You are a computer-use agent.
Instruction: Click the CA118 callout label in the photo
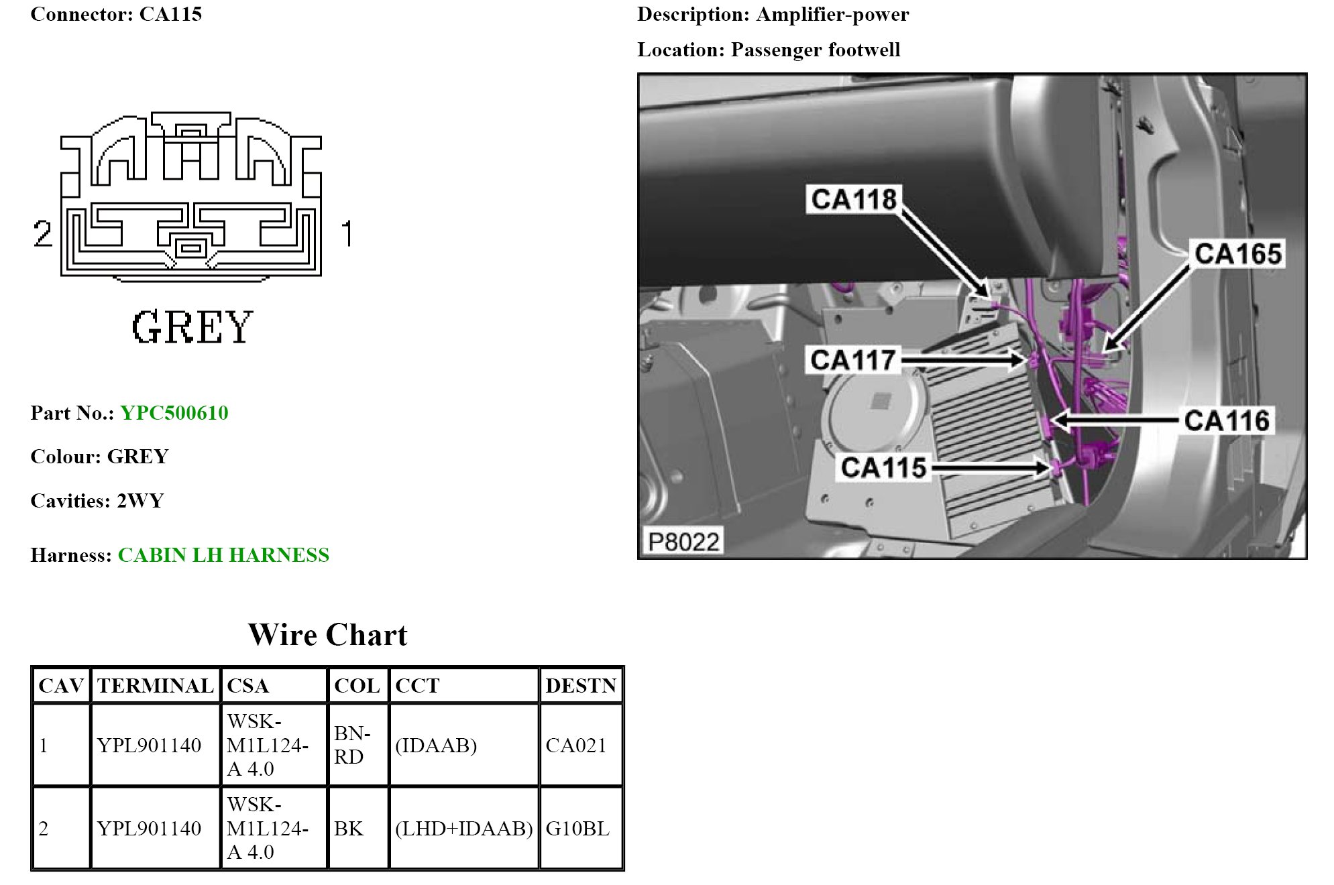(853, 200)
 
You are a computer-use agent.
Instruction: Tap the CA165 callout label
(1237, 254)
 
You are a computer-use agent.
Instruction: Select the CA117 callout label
(852, 361)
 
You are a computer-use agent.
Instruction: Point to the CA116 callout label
(1227, 421)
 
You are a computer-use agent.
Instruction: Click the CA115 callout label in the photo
(883, 468)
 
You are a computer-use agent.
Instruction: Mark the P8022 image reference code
(683, 542)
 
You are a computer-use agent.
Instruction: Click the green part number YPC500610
(174, 413)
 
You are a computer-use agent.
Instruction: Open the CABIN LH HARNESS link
(223, 555)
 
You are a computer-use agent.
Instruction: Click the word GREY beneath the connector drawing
(192, 328)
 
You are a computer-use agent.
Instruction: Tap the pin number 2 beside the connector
(42, 234)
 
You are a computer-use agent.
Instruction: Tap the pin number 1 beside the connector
(347, 234)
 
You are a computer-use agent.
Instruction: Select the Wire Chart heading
(327, 635)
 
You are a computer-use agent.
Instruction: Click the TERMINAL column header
(155, 686)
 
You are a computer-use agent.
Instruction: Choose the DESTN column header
(581, 686)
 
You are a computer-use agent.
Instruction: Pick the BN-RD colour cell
(352, 745)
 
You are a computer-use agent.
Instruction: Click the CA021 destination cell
(575, 746)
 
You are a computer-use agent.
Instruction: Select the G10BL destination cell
(577, 829)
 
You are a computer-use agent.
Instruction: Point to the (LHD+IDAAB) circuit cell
(463, 829)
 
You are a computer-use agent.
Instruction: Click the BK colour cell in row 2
(349, 829)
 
